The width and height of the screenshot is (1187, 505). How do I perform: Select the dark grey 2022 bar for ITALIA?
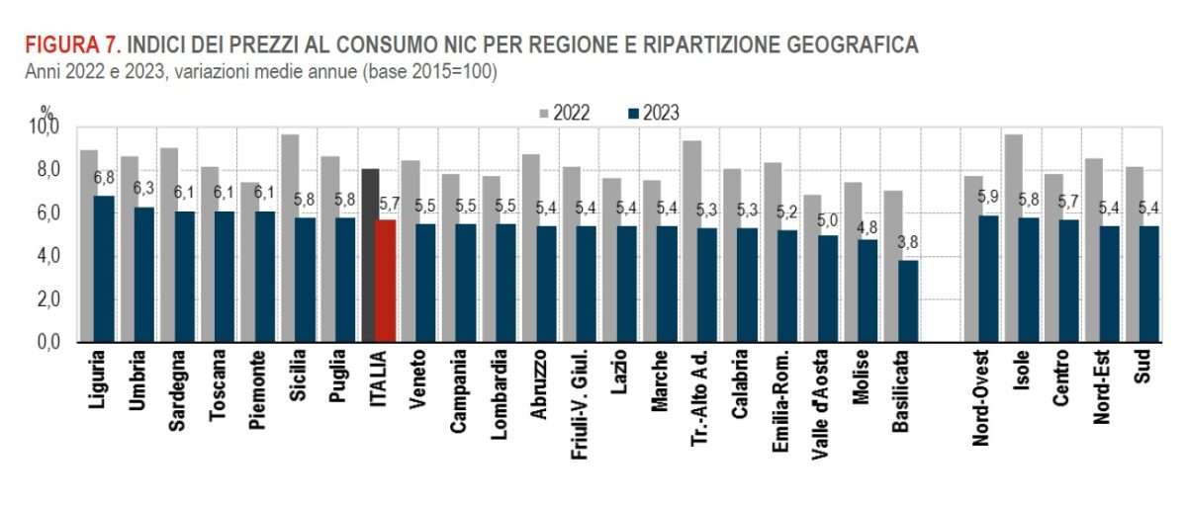point(368,256)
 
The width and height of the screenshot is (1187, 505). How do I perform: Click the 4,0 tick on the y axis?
point(46,257)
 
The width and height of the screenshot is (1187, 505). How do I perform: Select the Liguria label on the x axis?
point(95,380)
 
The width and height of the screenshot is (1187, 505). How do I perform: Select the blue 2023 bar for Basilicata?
point(906,300)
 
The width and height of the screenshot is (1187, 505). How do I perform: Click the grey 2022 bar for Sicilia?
point(289,238)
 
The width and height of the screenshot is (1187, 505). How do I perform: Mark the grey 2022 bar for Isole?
point(1013,238)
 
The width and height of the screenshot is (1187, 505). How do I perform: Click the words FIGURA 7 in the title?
point(72,45)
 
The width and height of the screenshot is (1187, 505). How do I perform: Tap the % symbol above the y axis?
point(46,112)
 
